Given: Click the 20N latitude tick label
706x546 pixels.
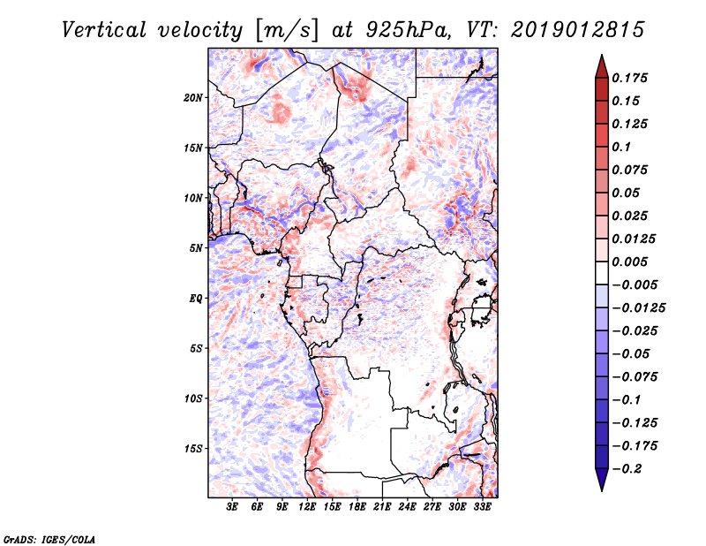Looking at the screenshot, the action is click(x=193, y=98).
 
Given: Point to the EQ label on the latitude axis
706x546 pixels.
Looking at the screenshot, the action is click(x=196, y=299).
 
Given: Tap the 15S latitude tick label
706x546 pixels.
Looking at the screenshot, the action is click(x=193, y=449).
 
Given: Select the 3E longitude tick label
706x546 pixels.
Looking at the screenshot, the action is click(x=232, y=507).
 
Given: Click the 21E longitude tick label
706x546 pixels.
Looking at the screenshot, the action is click(x=382, y=507).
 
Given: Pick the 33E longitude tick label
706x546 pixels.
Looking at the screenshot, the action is click(x=482, y=507).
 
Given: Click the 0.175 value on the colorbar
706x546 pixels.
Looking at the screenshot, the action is click(x=630, y=78).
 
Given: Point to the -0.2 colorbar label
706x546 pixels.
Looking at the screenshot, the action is click(x=627, y=469).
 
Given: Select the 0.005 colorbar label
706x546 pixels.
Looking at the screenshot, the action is click(x=630, y=262).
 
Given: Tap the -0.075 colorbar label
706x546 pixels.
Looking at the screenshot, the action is click(x=635, y=377).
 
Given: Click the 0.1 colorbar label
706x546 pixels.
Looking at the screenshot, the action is click(x=622, y=147).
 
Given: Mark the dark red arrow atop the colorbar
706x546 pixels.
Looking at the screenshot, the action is click(x=602, y=66).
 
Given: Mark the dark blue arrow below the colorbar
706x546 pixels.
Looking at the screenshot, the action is click(x=602, y=480).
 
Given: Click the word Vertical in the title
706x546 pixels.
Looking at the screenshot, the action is click(x=104, y=30).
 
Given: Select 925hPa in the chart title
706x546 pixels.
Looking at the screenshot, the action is click(x=408, y=30).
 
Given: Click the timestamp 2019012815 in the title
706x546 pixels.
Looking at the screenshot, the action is click(x=578, y=30).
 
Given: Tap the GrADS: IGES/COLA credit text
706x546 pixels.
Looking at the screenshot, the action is click(x=49, y=539).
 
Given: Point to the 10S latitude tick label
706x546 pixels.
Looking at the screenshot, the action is click(x=193, y=398).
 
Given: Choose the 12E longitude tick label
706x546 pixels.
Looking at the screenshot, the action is click(x=307, y=507).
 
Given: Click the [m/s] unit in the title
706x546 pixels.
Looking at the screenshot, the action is click(x=287, y=30).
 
